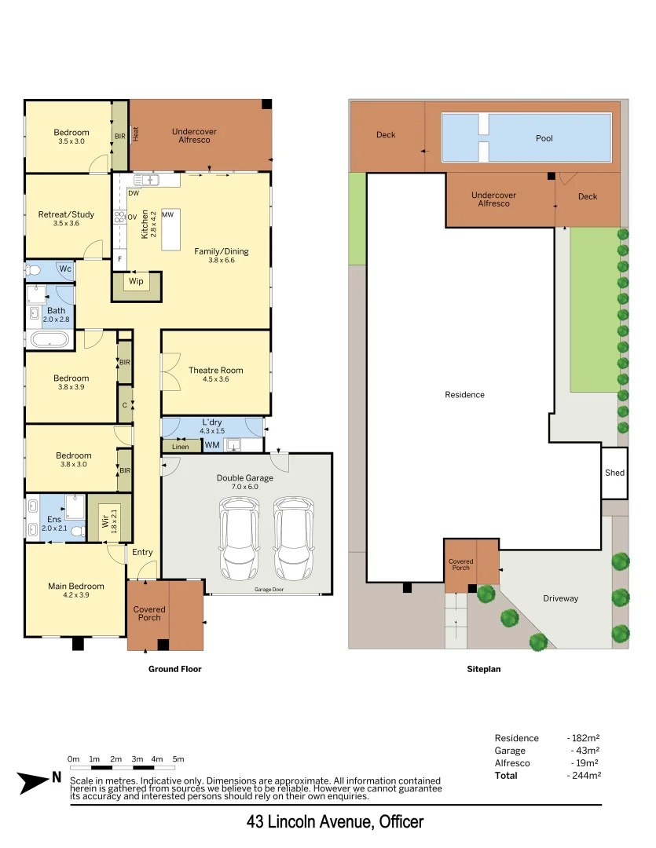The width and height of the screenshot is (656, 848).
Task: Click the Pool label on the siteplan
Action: [x=544, y=138]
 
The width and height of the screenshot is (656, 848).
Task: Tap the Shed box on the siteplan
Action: [x=614, y=473]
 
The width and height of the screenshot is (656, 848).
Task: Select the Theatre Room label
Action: [x=215, y=370]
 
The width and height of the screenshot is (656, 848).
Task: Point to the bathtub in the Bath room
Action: [x=49, y=340]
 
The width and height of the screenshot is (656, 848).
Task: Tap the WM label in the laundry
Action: [x=212, y=445]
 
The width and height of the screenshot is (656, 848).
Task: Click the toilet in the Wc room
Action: [x=34, y=270]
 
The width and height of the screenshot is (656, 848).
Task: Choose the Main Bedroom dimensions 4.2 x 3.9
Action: [x=75, y=595]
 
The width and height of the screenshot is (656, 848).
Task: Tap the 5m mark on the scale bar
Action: [x=178, y=759]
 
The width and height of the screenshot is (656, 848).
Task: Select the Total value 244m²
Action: [x=584, y=775]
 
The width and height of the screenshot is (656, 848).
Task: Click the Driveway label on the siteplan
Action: [x=560, y=598]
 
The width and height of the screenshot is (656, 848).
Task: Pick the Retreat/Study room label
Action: [x=67, y=214]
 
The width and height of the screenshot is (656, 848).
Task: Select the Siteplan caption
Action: [x=483, y=670]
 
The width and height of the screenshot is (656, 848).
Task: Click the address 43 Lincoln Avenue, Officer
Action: [x=335, y=822]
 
